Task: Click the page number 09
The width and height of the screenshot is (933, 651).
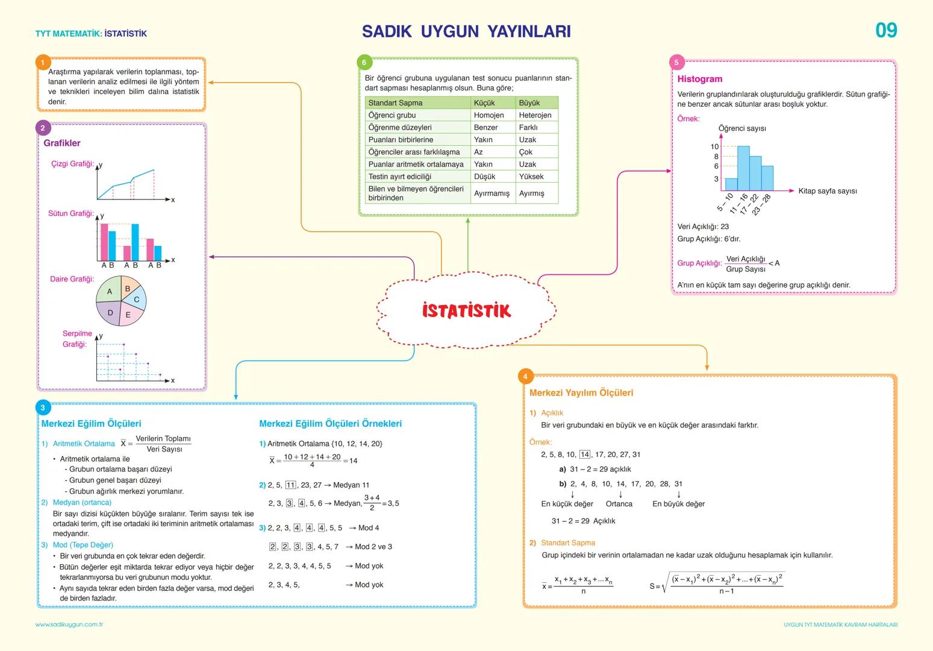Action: pyautogui.click(x=885, y=30)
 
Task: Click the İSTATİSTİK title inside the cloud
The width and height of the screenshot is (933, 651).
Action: pyautogui.click(x=466, y=311)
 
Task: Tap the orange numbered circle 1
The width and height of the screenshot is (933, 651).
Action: pyautogui.click(x=43, y=63)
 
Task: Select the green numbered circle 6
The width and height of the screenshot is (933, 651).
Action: pyautogui.click(x=364, y=63)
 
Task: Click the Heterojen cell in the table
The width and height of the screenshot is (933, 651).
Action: pyautogui.click(x=535, y=115)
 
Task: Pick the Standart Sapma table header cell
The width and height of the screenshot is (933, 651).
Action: pyautogui.click(x=395, y=103)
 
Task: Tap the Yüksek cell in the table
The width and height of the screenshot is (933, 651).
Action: pyautogui.click(x=531, y=177)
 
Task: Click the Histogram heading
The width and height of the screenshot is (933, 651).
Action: pyautogui.click(x=699, y=79)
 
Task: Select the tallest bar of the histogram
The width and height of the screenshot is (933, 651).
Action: pyautogui.click(x=743, y=168)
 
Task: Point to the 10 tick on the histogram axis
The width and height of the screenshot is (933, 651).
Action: pyautogui.click(x=714, y=146)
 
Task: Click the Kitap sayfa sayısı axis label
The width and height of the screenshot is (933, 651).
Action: pyautogui.click(x=827, y=191)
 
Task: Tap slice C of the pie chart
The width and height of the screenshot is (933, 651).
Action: pyautogui.click(x=137, y=300)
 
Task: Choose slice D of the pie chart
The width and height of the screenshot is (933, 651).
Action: pyautogui.click(x=110, y=313)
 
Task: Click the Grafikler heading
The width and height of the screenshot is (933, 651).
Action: pyautogui.click(x=61, y=143)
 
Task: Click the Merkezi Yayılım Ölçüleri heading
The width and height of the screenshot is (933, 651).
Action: pyautogui.click(x=581, y=393)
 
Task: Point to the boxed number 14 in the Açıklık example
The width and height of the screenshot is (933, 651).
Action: pyautogui.click(x=584, y=454)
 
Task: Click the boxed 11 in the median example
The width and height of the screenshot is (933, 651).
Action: pyautogui.click(x=290, y=485)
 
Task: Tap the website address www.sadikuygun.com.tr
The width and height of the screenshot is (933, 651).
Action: pyautogui.click(x=69, y=624)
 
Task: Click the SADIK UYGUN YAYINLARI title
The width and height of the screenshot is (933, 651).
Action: pyautogui.click(x=466, y=31)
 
